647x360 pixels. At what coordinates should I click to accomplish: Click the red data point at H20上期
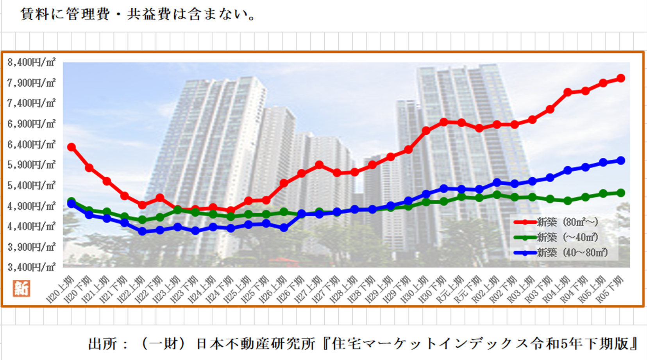(x=71, y=147)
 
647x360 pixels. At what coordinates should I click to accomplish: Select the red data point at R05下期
(x=620, y=78)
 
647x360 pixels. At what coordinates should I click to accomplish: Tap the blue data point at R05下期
(x=620, y=160)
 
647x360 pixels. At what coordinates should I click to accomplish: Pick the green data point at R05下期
(x=620, y=193)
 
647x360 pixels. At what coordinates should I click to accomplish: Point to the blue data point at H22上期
(x=142, y=231)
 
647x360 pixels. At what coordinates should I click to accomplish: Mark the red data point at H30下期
(x=443, y=122)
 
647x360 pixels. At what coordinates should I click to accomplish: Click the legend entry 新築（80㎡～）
(x=567, y=222)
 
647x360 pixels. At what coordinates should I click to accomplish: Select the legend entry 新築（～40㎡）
(x=567, y=237)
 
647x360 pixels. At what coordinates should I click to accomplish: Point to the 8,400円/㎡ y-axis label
(x=31, y=62)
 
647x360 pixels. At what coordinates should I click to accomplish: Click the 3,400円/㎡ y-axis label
(x=31, y=267)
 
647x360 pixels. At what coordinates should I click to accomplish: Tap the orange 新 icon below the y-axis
(x=21, y=289)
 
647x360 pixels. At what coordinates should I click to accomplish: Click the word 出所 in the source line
(x=102, y=344)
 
